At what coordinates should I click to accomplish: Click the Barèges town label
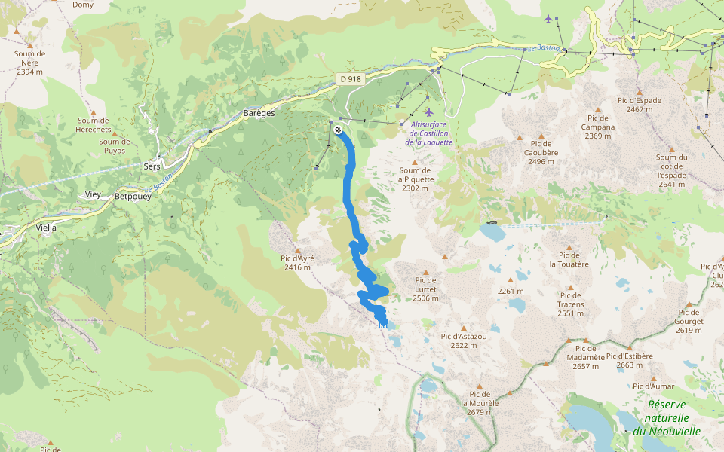259,112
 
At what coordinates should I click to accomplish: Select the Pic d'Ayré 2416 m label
299,262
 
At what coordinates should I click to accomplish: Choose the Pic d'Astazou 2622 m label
464,341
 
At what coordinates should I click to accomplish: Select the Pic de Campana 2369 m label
598,127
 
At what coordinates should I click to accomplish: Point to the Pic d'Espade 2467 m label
639,105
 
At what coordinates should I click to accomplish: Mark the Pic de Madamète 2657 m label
585,357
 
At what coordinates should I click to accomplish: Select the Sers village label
152,166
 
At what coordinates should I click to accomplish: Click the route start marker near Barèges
338,130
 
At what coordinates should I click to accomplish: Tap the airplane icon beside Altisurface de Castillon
429,112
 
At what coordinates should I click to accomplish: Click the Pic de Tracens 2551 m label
571,304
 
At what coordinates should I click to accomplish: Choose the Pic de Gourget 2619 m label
689,316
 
